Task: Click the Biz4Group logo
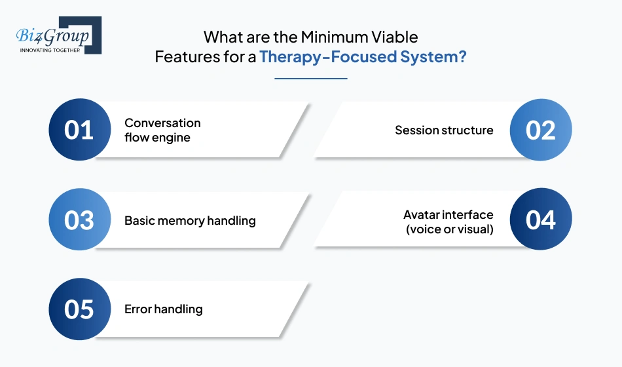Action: click(56, 33)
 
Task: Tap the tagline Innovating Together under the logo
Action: click(50, 49)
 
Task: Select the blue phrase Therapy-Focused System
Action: click(363, 57)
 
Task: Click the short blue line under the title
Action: click(310, 79)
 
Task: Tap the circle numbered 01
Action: click(80, 130)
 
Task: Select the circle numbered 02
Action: click(541, 130)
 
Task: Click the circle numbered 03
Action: click(80, 220)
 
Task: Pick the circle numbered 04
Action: click(541, 220)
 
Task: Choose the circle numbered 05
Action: click(80, 309)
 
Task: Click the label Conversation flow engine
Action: click(162, 130)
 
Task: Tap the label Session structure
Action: click(444, 130)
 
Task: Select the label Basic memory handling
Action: click(190, 221)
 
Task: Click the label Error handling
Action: click(164, 309)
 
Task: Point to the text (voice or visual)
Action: click(450, 229)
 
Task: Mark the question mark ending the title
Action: click(462, 57)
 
